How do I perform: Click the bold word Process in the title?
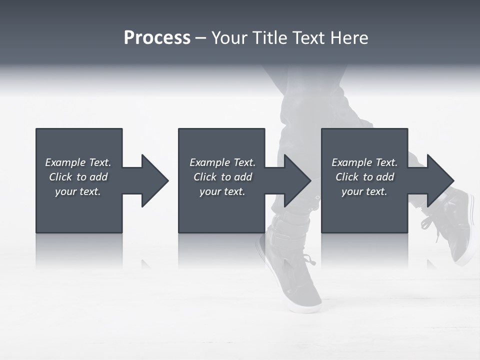pos(157,38)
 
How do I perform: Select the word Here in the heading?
pos(350,38)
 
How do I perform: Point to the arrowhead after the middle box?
pos(294,180)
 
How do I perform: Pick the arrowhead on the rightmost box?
pos(437,180)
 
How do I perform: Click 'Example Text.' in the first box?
pos(78,162)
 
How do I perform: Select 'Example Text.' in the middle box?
pos(222,162)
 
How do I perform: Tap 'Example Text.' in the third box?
pos(364,162)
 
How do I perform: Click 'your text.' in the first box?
pos(78,191)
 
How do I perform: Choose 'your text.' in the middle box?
pos(222,191)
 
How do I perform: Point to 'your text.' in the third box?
pos(364,191)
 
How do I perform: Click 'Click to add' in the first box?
pos(78,177)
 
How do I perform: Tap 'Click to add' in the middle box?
pos(222,177)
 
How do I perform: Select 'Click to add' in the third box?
pos(364,177)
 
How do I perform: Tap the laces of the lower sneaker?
pos(306,260)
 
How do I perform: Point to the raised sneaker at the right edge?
pos(457,225)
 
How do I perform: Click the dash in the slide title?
pos(200,38)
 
